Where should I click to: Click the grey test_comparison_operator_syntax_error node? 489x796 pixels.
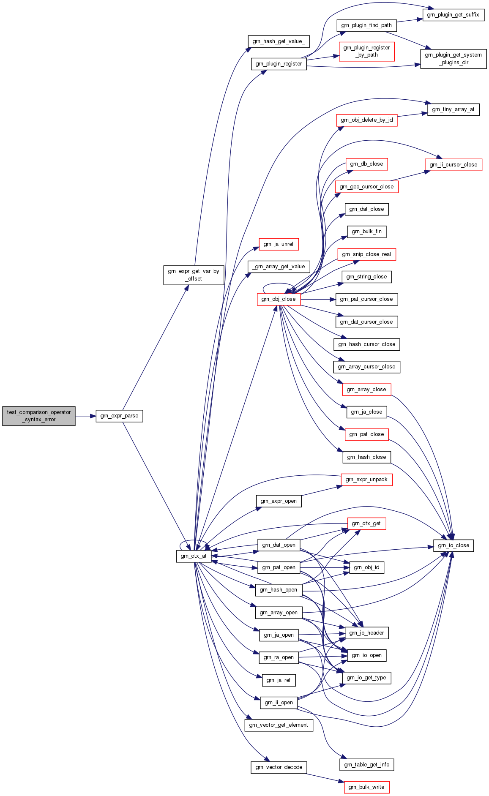click(39, 416)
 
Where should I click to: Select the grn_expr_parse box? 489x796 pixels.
click(119, 416)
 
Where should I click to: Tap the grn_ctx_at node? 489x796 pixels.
click(194, 556)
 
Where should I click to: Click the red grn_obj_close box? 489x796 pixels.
click(279, 299)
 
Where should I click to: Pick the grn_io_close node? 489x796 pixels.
click(453, 545)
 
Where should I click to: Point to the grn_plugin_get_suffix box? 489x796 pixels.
click(453, 15)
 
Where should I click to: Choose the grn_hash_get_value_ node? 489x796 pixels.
click(279, 41)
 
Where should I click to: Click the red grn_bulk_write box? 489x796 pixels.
click(366, 787)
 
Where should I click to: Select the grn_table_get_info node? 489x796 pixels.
click(367, 765)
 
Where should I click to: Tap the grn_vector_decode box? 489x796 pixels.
click(279, 767)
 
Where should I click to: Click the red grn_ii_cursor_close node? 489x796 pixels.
click(453, 165)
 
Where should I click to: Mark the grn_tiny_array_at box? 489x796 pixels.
click(453, 109)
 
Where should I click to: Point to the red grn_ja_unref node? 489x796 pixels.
click(279, 244)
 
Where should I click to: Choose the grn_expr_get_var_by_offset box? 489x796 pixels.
click(194, 275)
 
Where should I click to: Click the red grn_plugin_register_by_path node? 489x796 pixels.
click(366, 51)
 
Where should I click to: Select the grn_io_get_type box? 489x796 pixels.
click(366, 678)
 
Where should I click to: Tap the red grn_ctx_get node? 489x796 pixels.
click(366, 523)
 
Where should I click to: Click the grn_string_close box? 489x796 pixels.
click(366, 277)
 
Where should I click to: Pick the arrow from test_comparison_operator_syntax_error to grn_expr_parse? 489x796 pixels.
click(85, 416)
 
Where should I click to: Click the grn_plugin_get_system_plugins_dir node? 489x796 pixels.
click(453, 59)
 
